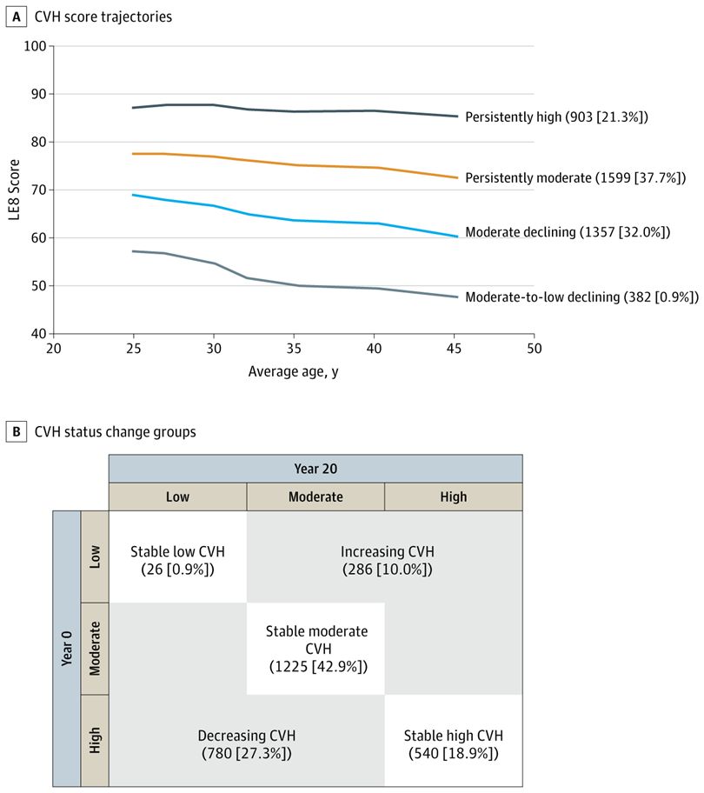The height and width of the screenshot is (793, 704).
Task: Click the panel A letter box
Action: (x=15, y=17)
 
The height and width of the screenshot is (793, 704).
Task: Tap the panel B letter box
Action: (x=15, y=430)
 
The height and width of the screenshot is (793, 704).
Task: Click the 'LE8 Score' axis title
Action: (x=13, y=190)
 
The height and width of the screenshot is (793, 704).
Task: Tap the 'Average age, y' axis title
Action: (x=294, y=372)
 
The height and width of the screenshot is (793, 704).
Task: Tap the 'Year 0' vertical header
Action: (x=66, y=648)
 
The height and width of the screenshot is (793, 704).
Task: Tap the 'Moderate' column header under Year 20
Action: (x=315, y=496)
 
